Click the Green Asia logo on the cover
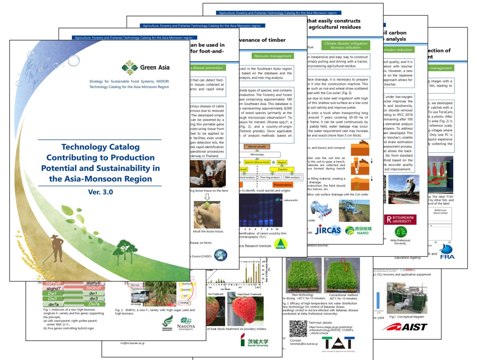point(145,68)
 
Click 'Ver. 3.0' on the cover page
point(100,192)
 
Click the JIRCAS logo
point(328,230)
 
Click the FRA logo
point(447,252)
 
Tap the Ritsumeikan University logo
point(400,219)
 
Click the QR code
point(298,329)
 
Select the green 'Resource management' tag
point(273,56)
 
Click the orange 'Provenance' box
point(282,185)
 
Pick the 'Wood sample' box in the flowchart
point(257,147)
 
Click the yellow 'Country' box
point(282,169)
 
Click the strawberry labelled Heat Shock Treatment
point(244,310)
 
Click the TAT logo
point(338,343)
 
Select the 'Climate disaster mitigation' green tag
point(345,45)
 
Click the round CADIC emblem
point(220,255)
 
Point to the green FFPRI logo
point(280,245)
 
